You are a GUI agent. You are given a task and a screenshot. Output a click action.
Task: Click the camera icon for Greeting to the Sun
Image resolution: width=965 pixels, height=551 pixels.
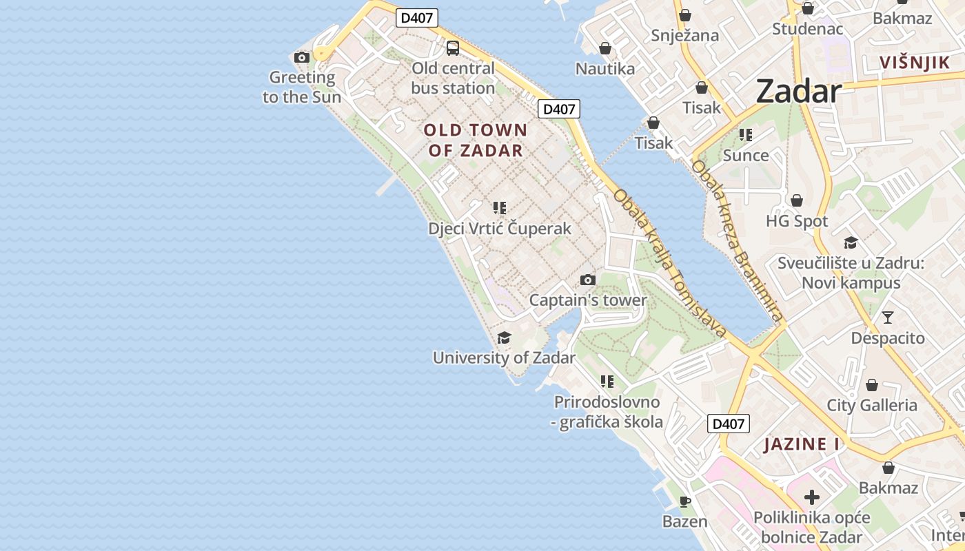point(301,57)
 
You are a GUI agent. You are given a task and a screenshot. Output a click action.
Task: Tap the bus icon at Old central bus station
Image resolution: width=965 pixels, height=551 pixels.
point(453,48)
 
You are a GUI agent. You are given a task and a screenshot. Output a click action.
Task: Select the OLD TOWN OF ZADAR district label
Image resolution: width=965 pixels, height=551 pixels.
point(476,140)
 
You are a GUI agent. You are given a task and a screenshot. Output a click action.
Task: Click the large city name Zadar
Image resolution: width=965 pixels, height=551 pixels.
point(799,91)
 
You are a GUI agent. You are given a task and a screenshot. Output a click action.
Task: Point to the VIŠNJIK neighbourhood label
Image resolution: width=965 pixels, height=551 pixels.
point(915,63)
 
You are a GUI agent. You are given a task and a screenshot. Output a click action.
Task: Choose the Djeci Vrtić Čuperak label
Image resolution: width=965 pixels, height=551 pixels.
point(500,229)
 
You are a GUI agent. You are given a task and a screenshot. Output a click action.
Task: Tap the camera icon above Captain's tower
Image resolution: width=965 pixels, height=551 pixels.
point(587,280)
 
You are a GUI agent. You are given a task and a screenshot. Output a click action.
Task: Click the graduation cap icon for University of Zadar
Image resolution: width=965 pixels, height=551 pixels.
point(504,337)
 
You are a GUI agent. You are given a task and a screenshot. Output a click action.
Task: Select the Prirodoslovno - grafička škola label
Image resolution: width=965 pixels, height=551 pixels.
point(607,412)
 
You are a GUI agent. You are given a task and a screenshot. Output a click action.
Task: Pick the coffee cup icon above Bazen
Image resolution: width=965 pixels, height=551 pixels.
point(684,501)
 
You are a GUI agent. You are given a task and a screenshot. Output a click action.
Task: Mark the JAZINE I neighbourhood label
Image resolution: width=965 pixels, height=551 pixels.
point(802,444)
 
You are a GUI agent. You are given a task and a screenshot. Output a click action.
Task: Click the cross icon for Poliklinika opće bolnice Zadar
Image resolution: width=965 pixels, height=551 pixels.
point(812,497)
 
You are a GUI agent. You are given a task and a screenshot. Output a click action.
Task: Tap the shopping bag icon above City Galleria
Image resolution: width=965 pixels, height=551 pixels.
point(872,385)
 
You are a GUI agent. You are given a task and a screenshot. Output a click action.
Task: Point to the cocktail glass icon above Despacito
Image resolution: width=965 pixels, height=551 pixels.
point(888,318)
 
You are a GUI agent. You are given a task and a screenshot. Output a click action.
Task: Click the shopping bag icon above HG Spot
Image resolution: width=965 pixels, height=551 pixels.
point(797,200)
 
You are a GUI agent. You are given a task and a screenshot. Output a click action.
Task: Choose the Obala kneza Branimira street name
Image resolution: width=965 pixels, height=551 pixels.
point(738,240)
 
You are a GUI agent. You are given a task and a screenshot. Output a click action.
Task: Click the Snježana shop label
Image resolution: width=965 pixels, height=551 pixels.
point(684,36)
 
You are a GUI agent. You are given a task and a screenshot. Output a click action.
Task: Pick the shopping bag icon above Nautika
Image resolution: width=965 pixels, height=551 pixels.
point(605,48)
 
